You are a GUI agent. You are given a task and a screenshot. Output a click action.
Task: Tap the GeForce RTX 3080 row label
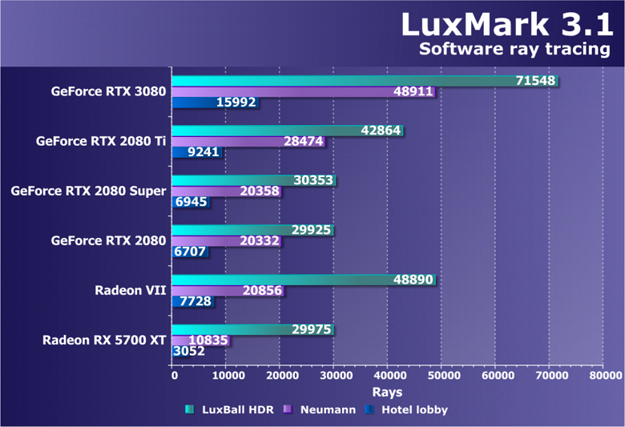pyautogui.click(x=108, y=91)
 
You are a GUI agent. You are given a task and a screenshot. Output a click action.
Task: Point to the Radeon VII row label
pyautogui.click(x=131, y=290)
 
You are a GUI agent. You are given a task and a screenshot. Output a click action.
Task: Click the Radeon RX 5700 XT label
pyautogui.click(x=104, y=340)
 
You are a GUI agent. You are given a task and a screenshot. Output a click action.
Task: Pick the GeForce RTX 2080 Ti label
pyautogui.click(x=101, y=141)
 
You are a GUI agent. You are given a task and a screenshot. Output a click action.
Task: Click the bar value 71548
pyautogui.click(x=534, y=81)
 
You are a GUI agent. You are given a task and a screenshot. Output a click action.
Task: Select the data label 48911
pyautogui.click(x=413, y=92)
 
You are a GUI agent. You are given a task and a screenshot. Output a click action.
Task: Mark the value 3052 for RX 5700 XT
pyautogui.click(x=189, y=352)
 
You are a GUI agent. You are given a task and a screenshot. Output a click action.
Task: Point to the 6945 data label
pyautogui.click(x=189, y=203)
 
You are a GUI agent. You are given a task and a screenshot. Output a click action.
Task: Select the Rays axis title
pyautogui.click(x=387, y=392)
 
